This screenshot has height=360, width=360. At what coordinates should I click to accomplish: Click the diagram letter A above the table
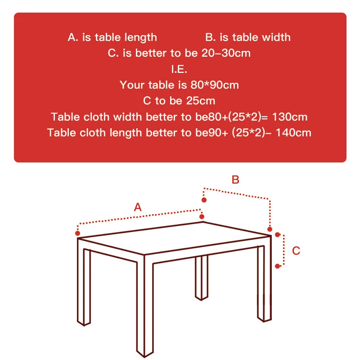pos(138,207)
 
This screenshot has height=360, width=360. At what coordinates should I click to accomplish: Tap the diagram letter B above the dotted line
pos(236,180)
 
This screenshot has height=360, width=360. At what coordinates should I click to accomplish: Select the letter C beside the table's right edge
pos(296,251)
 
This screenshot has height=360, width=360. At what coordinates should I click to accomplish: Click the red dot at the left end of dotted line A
pos(78,233)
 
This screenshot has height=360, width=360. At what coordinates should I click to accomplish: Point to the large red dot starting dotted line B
pos(204,200)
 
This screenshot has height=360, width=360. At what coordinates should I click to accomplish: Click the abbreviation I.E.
pos(179,69)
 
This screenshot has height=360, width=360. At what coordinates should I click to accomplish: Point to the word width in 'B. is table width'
pos(274,37)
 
